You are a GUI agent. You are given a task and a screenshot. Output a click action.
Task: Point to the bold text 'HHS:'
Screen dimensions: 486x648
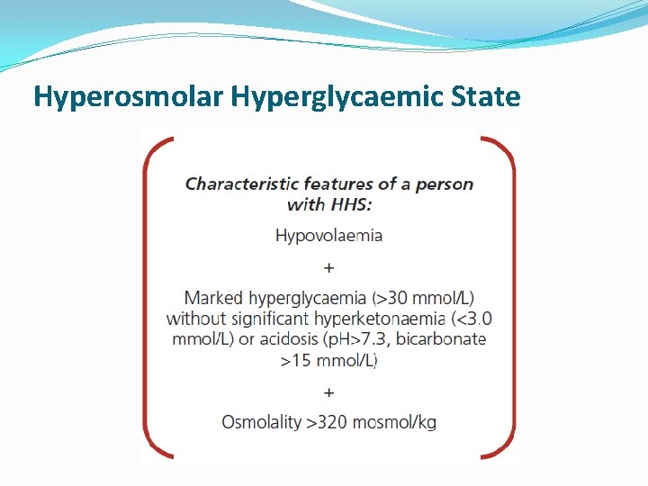[352, 204]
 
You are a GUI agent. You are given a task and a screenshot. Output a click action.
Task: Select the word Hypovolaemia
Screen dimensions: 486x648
[328, 236]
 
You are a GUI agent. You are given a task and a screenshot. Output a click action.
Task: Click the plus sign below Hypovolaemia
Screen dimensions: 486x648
[328, 267]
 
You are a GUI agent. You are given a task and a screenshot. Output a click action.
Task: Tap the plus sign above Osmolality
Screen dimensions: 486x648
[328, 392]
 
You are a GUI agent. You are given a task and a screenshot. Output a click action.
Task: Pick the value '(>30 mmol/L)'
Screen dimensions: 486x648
[423, 297]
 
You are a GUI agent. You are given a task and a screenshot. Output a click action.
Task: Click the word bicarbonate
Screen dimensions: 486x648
[441, 339]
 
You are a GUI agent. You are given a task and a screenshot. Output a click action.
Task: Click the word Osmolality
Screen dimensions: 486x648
[261, 422]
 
